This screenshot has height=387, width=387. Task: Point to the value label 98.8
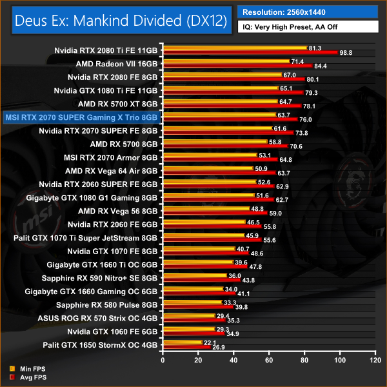tap(346, 52)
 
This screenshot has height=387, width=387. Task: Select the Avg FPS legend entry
tap(25, 377)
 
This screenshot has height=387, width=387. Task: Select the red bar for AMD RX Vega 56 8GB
tap(215, 213)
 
